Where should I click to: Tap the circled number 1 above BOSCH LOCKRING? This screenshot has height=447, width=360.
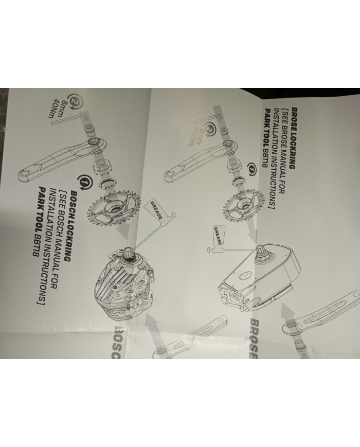pos(83,181)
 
